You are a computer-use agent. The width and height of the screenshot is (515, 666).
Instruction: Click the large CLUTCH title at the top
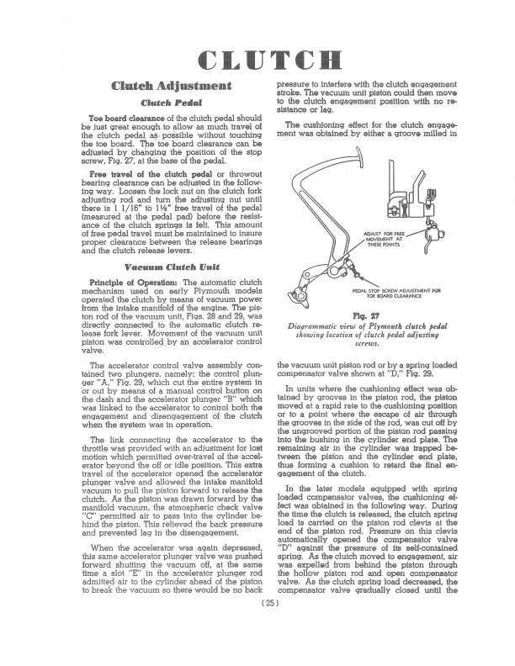point(257,60)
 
